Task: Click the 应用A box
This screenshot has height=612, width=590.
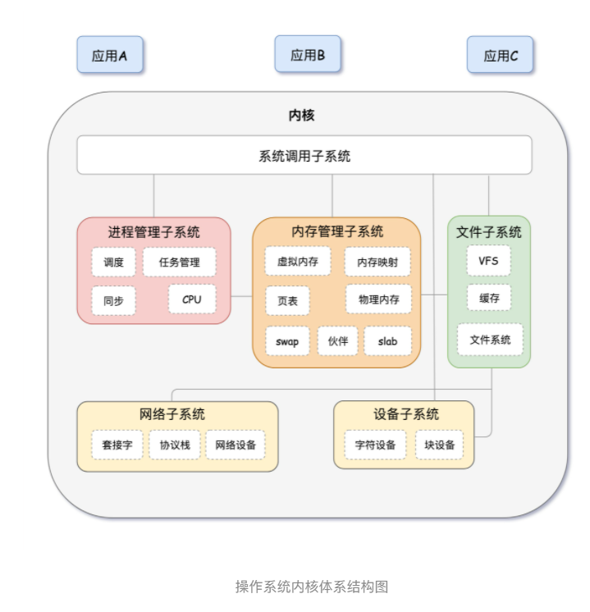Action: (x=110, y=56)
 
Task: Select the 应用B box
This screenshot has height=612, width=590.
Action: (x=308, y=55)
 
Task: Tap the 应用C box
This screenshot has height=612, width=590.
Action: (x=501, y=56)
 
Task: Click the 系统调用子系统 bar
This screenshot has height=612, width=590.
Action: (x=304, y=155)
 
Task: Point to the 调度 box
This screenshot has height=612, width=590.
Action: (x=113, y=263)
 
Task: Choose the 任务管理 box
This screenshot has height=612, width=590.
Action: (x=180, y=263)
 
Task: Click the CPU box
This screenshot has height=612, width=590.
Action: (x=192, y=299)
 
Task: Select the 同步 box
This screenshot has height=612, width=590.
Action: (x=113, y=301)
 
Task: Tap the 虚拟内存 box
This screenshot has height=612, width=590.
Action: (x=298, y=262)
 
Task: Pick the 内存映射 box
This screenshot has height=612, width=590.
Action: (x=378, y=263)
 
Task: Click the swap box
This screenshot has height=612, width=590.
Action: (x=287, y=340)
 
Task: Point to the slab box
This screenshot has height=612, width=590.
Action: (x=388, y=340)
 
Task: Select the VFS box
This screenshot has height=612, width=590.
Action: (x=489, y=261)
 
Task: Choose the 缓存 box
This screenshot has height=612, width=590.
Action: (x=489, y=299)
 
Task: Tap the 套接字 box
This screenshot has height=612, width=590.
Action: (x=117, y=445)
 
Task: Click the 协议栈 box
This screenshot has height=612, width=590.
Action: (x=175, y=445)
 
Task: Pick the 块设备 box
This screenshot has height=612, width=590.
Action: (x=439, y=445)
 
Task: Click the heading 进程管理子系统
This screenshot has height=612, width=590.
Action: (x=153, y=232)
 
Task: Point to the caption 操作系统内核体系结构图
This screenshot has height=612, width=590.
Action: (x=312, y=586)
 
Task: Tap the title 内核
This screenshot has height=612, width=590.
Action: (x=301, y=116)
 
